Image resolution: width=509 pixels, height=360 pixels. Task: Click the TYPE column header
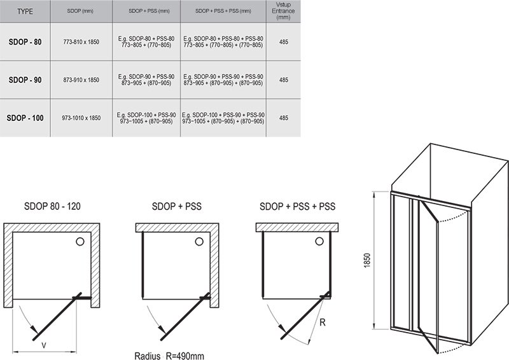(x=25, y=11)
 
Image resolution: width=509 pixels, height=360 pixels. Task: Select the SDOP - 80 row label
(x=25, y=42)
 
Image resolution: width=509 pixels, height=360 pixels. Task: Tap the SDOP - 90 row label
(x=25, y=80)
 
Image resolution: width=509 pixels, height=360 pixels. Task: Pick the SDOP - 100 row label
(x=25, y=118)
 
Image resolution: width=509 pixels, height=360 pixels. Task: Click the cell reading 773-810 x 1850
(x=81, y=42)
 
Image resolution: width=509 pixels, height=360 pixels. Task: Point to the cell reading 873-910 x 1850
(x=81, y=80)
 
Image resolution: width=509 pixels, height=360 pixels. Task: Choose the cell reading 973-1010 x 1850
(x=81, y=118)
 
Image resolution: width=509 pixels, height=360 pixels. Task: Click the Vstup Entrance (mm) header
(x=283, y=11)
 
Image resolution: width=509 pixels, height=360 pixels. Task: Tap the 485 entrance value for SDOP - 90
(x=283, y=80)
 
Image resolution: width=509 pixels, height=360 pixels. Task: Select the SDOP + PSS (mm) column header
(x=149, y=11)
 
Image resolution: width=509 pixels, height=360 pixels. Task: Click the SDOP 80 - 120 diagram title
(x=52, y=206)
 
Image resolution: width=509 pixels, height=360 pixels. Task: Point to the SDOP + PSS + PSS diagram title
(x=297, y=206)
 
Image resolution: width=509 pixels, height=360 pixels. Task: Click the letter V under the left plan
(x=44, y=345)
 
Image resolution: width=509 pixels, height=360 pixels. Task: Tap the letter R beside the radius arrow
(x=323, y=322)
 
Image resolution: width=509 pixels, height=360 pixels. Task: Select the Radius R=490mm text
(x=169, y=356)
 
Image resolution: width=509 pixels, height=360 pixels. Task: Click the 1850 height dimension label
(x=367, y=260)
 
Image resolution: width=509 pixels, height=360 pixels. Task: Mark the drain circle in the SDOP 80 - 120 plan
(x=80, y=241)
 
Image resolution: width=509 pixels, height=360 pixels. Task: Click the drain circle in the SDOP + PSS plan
(x=199, y=241)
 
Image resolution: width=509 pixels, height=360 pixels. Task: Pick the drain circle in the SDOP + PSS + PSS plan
(x=319, y=241)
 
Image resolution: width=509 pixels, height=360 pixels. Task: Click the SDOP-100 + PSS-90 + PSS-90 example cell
(x=223, y=118)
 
